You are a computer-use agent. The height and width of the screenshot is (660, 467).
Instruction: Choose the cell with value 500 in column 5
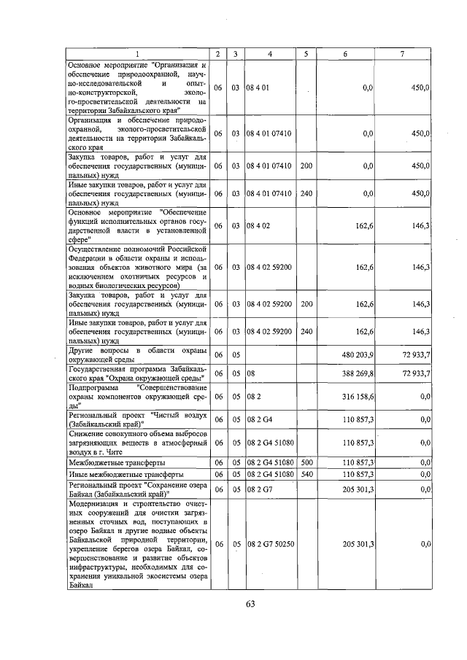[306, 462]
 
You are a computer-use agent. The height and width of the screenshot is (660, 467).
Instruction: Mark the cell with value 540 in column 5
[306, 474]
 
